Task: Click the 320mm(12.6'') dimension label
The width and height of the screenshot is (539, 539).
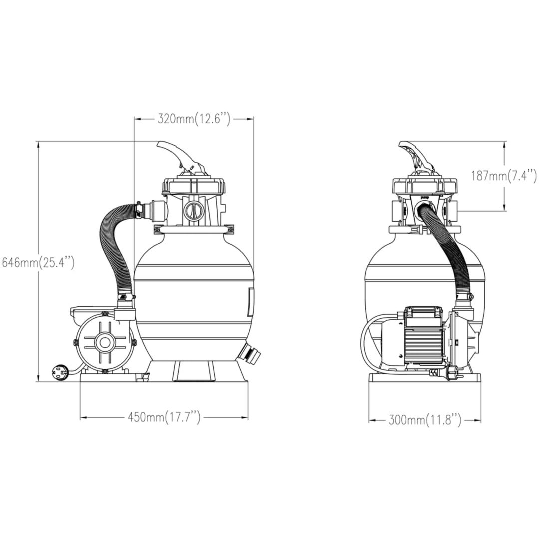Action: coord(194,119)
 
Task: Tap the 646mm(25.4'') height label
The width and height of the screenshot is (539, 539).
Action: coord(38,263)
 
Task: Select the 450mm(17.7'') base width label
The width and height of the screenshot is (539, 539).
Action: coord(164,418)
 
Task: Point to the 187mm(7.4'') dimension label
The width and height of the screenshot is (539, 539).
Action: coord(504,176)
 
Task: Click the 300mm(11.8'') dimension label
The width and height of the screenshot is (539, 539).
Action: coord(425,420)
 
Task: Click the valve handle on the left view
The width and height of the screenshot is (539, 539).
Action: coord(179,156)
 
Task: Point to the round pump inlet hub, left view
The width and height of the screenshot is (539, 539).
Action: coord(104,342)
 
